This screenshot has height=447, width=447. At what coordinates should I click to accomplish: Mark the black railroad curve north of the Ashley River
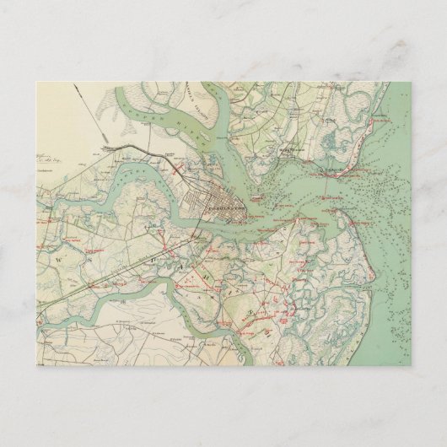pos(135,152)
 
